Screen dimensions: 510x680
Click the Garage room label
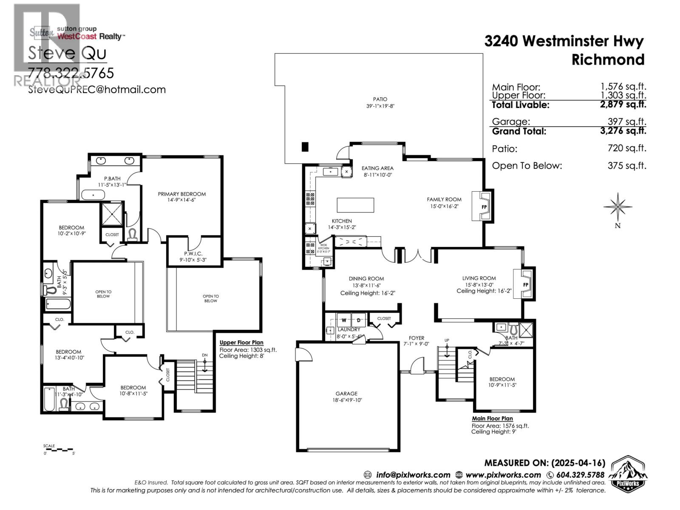pos(346,394)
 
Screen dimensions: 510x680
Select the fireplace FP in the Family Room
pos(483,207)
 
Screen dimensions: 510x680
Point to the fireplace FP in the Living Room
pos(525,284)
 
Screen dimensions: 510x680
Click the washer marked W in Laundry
pos(344,320)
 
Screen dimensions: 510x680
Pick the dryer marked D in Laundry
pos(358,320)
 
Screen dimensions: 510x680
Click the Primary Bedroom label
pos(181,194)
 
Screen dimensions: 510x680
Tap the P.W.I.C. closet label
pos(193,254)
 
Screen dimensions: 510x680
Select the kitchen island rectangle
pos(355,205)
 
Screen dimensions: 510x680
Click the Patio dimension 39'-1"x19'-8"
pos(380,106)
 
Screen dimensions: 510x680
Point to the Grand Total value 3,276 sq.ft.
pos(623,131)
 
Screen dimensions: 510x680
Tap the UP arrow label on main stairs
pos(447,340)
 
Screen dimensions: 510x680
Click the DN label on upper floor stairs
pos(205,355)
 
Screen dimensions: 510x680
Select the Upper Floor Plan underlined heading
pos(241,343)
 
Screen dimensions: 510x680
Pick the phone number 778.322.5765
pos(71,73)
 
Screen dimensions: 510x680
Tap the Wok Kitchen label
pos(323,247)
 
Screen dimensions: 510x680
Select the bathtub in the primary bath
pos(93,195)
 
